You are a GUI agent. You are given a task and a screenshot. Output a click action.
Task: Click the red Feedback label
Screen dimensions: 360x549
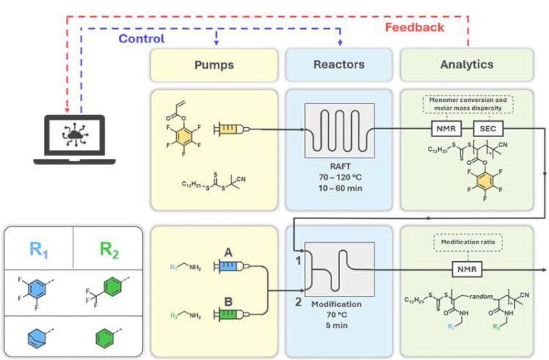pos(414,27)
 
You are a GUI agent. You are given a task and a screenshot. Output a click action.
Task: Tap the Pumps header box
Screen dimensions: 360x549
pos(213,65)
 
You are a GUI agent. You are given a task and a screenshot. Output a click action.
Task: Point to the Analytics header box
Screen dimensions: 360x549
pos(465,65)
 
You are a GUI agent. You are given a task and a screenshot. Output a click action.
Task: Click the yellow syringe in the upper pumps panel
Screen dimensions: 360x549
pos(229,129)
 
